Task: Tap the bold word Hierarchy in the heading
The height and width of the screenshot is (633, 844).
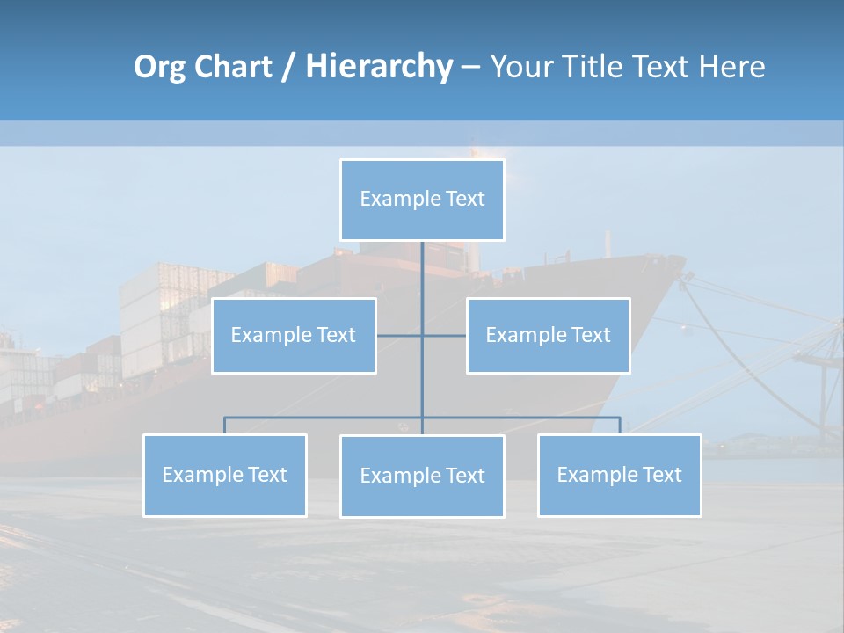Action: pyautogui.click(x=379, y=67)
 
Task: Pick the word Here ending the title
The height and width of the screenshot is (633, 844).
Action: pyautogui.click(x=731, y=67)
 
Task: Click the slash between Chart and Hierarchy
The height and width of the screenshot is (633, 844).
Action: pyautogui.click(x=288, y=68)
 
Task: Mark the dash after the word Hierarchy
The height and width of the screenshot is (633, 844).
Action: pyautogui.click(x=470, y=68)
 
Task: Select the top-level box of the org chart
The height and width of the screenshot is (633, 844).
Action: pyautogui.click(x=422, y=200)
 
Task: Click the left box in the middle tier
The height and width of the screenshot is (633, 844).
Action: pyautogui.click(x=294, y=335)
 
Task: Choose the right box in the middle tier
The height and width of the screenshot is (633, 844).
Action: pyautogui.click(x=548, y=335)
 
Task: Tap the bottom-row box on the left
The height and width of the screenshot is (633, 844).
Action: pyautogui.click(x=224, y=475)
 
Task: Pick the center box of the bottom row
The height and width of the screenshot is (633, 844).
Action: pyautogui.click(x=422, y=476)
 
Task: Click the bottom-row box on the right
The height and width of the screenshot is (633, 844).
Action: pyautogui.click(x=619, y=475)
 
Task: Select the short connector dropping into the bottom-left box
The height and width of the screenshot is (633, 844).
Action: pyautogui.click(x=224, y=426)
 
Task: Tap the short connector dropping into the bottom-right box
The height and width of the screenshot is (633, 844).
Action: pyautogui.click(x=620, y=426)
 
